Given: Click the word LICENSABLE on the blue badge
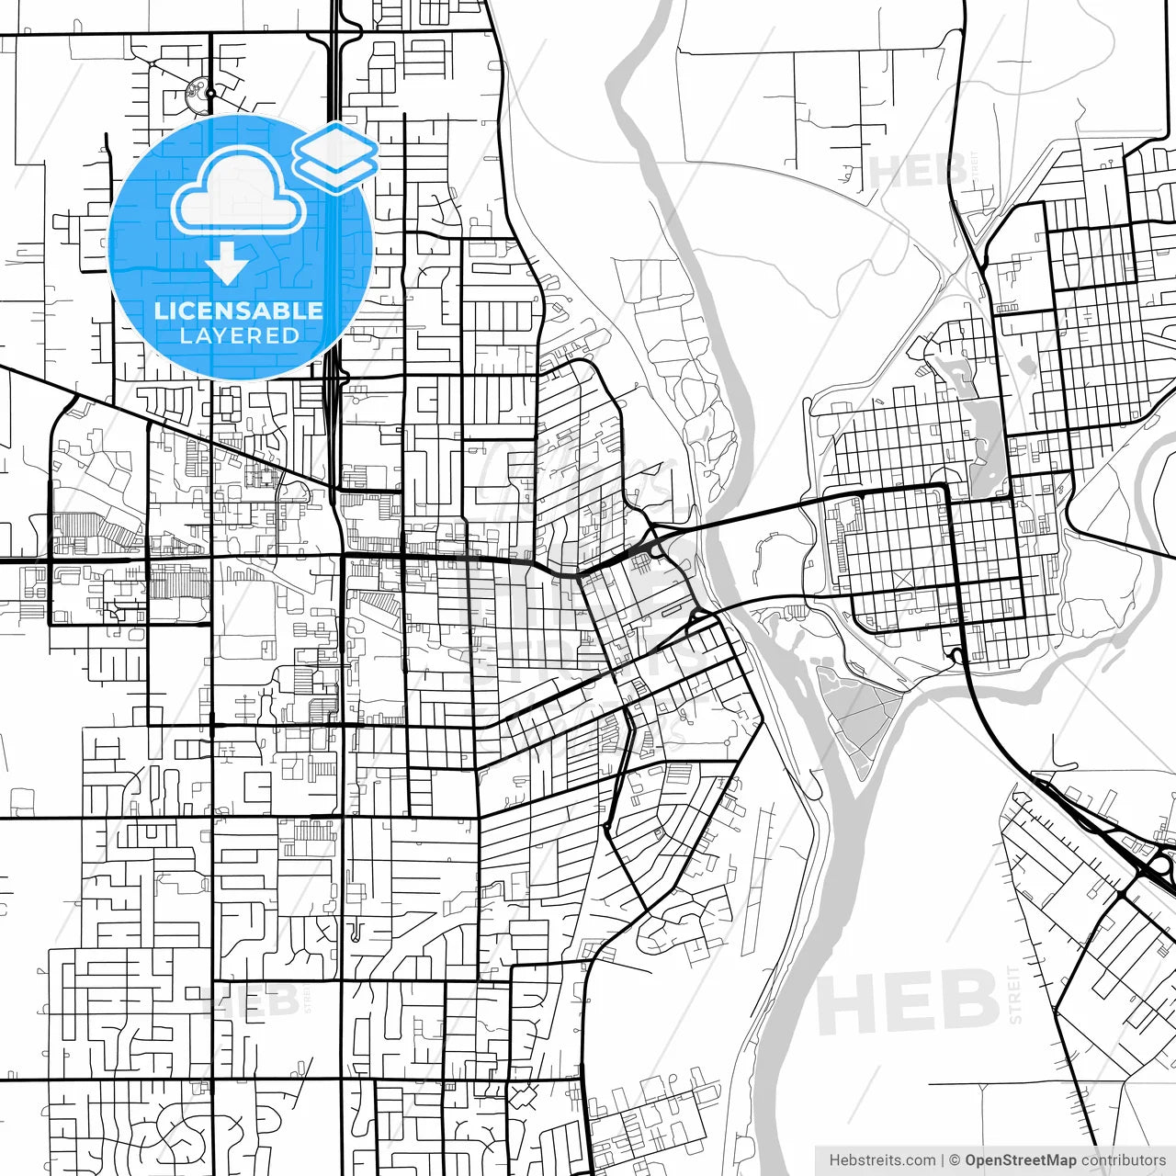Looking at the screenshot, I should pyautogui.click(x=239, y=311).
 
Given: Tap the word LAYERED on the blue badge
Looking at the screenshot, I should pyautogui.click(x=239, y=335).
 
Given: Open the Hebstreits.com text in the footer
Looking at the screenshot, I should pyautogui.click(x=882, y=1160).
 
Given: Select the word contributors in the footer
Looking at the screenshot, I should pyautogui.click(x=1123, y=1160).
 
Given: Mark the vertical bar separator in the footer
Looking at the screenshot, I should pyautogui.click(x=943, y=1160).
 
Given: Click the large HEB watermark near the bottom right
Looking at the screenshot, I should pyautogui.click(x=907, y=1001).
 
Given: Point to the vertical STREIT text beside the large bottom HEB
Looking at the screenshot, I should pyautogui.click(x=1015, y=995).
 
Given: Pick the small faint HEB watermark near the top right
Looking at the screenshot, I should pyautogui.click(x=917, y=171).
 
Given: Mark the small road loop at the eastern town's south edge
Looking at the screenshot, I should pyautogui.click(x=957, y=655).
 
